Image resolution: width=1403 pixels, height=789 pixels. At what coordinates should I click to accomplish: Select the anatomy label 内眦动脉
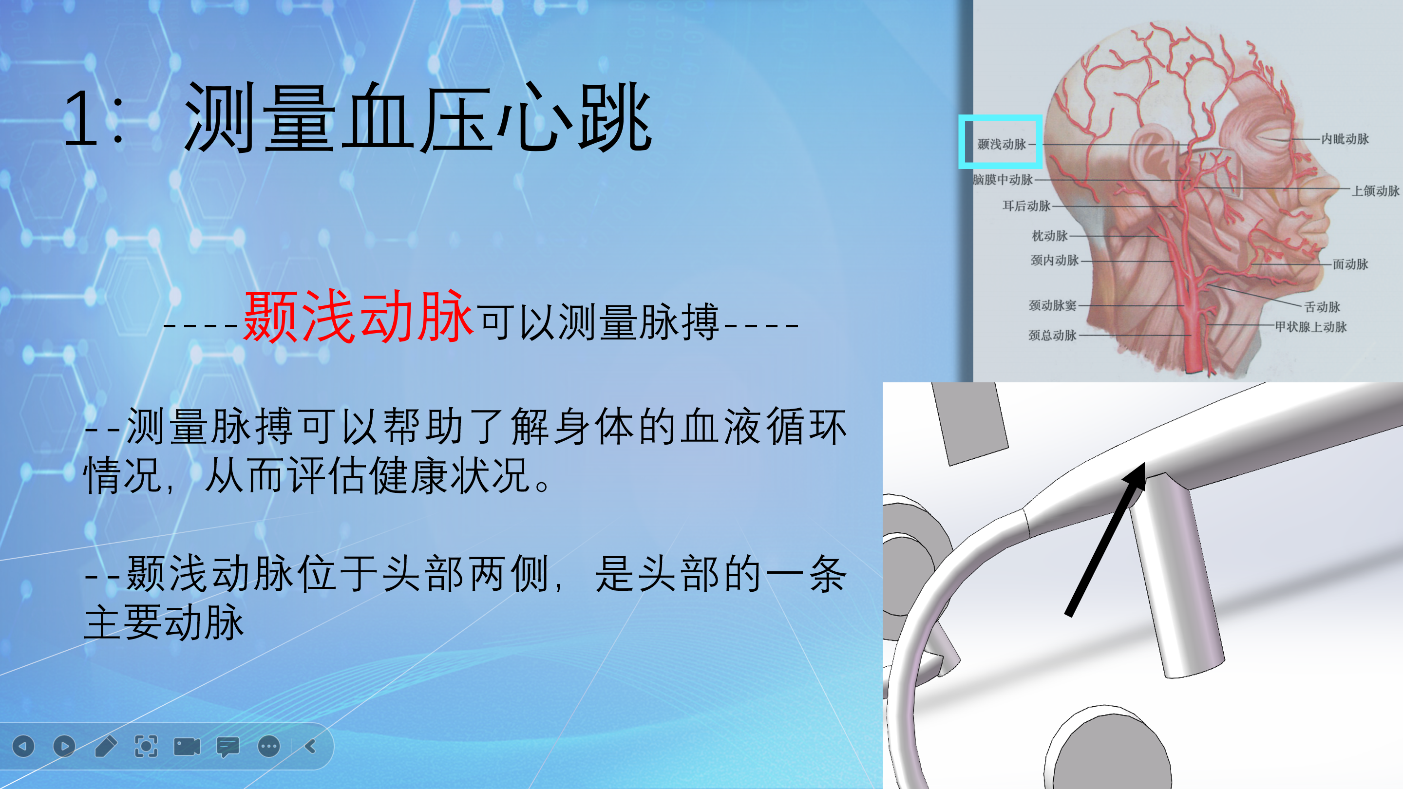(x=1345, y=139)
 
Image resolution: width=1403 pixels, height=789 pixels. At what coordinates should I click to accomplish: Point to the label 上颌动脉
(x=1375, y=190)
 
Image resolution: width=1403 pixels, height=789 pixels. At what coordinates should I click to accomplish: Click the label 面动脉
(x=1350, y=264)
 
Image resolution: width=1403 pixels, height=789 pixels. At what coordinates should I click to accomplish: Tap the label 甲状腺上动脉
(x=1310, y=327)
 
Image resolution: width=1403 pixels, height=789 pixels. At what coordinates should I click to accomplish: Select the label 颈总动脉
(x=1052, y=335)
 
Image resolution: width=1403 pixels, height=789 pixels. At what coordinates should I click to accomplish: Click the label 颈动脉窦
(x=1052, y=305)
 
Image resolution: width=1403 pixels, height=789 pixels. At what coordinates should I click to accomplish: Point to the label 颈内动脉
(x=1054, y=260)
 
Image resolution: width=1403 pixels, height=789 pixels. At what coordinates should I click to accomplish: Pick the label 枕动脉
(x=1049, y=236)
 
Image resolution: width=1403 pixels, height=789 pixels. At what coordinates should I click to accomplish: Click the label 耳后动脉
(x=1026, y=206)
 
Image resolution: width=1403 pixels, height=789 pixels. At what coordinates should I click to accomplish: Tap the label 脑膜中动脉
(x=1003, y=179)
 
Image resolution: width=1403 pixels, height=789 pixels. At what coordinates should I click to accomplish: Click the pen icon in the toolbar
(x=105, y=746)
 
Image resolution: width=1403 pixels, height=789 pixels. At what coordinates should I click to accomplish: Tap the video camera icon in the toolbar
(x=187, y=746)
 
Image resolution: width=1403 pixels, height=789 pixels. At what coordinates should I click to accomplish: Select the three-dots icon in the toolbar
(x=268, y=746)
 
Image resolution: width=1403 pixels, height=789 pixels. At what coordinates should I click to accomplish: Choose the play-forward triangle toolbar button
(x=64, y=746)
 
